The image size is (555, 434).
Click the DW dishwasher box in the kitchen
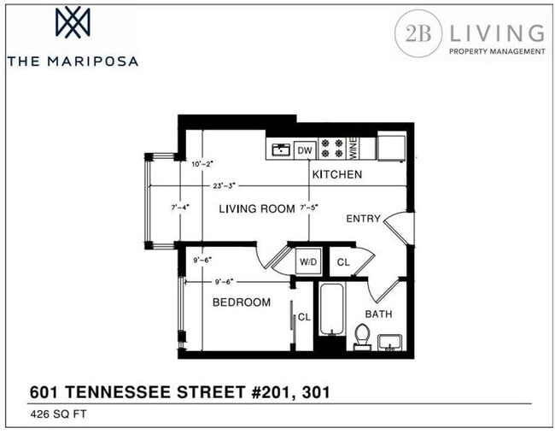305,150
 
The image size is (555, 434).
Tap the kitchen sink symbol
281,150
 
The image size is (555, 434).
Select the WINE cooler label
353,149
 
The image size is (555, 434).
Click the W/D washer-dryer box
308,261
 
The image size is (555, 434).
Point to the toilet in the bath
362,337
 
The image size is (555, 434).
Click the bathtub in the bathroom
331,309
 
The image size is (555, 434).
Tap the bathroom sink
389,343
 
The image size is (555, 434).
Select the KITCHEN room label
337,174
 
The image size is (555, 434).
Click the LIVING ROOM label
257,208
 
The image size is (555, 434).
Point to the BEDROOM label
242,302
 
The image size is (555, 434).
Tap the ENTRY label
363,219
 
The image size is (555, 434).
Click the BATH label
378,314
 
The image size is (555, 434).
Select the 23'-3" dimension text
224,185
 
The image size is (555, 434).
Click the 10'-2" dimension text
202,164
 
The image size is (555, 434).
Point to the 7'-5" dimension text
308,208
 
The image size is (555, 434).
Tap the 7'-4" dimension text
180,208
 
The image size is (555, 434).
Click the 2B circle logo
418,33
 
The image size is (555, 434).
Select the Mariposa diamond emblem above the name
73,22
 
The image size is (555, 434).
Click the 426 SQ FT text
58,414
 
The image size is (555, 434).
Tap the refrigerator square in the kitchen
391,148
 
